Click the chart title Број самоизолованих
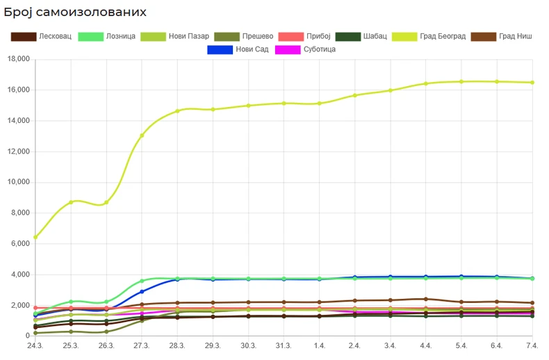(75, 13)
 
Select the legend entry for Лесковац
(39, 36)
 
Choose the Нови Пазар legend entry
(174, 36)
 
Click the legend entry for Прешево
(243, 36)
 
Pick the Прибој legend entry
(306, 36)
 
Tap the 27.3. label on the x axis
(142, 345)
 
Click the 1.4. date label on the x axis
(319, 345)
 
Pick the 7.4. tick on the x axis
(532, 345)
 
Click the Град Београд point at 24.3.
(35, 237)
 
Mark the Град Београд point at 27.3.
(142, 136)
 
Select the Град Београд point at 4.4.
(425, 83)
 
